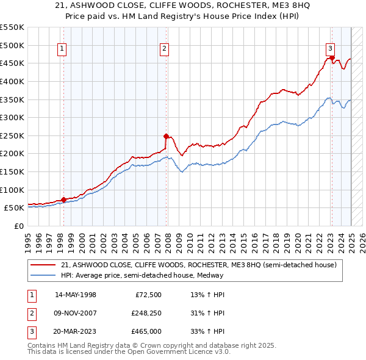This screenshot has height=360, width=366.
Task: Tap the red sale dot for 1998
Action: pos(63,200)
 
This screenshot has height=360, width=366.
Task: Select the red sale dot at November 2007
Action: pos(165,136)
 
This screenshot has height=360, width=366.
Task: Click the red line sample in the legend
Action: pos(44,264)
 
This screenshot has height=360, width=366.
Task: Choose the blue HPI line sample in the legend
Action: pos(44,275)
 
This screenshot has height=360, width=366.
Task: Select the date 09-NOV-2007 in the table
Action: pos(76,314)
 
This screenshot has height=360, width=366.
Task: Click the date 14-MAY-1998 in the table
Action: pos(76,295)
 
